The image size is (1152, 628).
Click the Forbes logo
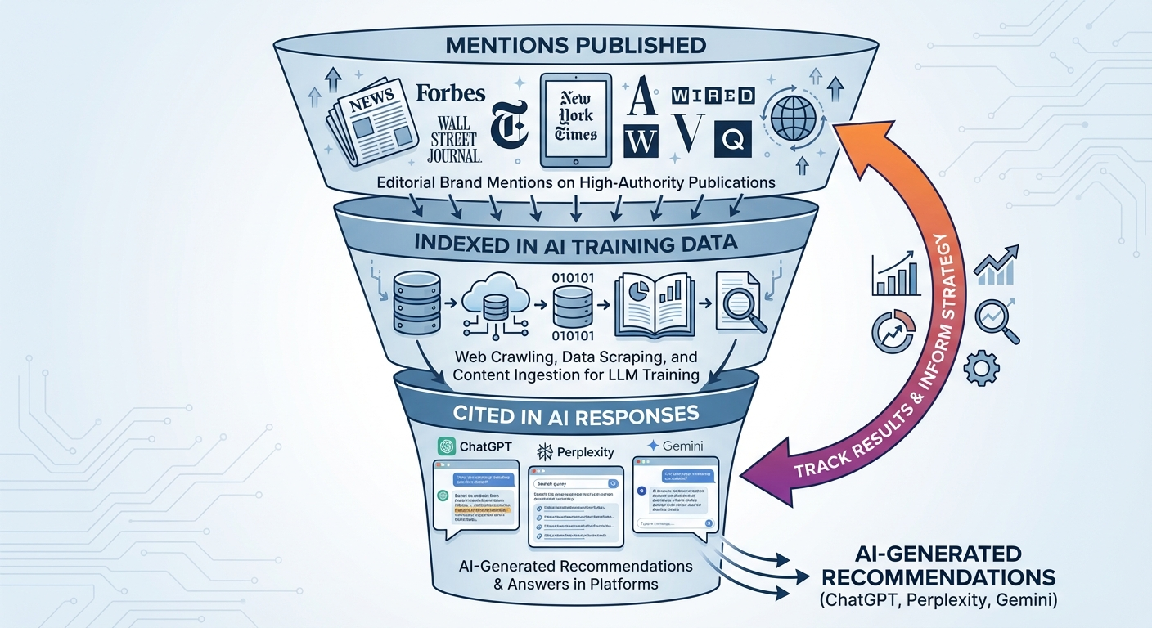[450, 93]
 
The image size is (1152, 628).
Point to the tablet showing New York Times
[575, 121]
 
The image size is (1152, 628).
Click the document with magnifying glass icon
[740, 303]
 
